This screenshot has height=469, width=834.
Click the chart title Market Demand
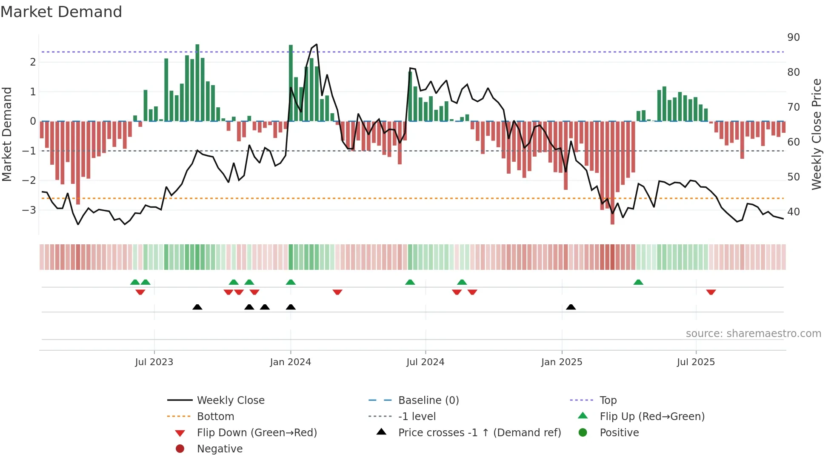61,12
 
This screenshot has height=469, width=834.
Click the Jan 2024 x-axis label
290,362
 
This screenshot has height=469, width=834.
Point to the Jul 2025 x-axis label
696,362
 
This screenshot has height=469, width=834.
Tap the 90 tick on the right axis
793,37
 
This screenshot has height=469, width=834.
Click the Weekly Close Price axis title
816,134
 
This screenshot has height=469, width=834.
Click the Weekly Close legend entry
230,400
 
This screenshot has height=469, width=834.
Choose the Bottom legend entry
215,417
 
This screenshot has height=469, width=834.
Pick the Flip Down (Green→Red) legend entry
257,433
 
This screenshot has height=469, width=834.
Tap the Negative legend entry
220,449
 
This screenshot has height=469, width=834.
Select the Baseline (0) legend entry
428,400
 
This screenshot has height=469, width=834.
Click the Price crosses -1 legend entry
479,433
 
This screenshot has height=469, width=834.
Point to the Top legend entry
608,400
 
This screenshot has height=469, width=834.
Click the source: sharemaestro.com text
753,334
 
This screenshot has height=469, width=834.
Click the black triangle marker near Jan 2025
571,307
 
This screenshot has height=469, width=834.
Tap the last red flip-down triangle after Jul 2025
711,292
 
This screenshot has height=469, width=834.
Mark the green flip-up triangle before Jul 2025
638,282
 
